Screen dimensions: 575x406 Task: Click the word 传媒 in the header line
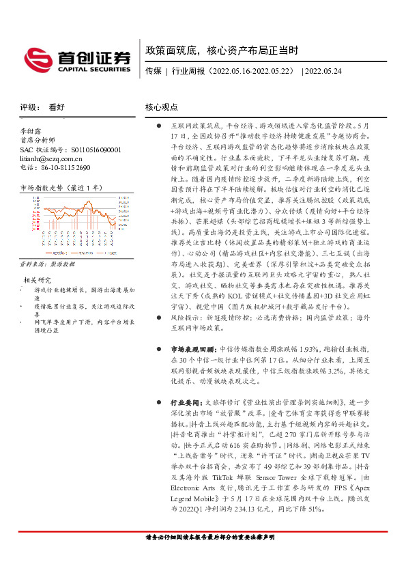(x=154, y=70)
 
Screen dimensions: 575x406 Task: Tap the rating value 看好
(x=57, y=107)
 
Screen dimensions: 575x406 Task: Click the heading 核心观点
(x=162, y=107)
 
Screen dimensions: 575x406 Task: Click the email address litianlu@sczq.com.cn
(x=51, y=158)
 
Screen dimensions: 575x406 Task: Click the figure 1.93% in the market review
(x=309, y=348)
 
